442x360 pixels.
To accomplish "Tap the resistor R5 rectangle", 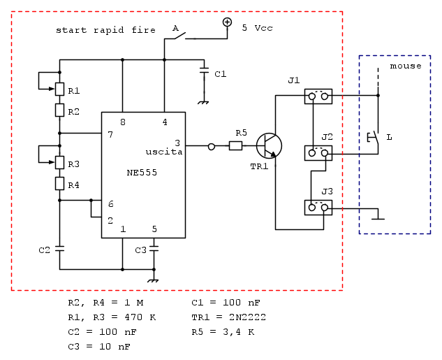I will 236,145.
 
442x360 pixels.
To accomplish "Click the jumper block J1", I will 318,96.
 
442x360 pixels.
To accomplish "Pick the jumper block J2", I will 318,152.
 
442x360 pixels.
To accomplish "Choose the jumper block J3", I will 318,207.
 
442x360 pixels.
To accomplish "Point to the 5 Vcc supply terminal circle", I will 227,22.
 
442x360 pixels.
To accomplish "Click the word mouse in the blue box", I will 406,66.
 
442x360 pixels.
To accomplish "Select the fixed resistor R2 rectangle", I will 60,110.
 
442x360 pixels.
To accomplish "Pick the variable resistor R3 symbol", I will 60,162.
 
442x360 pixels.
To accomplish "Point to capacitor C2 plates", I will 60,247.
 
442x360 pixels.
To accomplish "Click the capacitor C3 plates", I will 154,247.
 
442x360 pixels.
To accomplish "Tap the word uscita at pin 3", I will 163,152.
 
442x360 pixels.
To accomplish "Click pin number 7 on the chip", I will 110,134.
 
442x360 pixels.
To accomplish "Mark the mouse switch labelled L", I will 374,138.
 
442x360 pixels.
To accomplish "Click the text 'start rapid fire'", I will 105,31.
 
